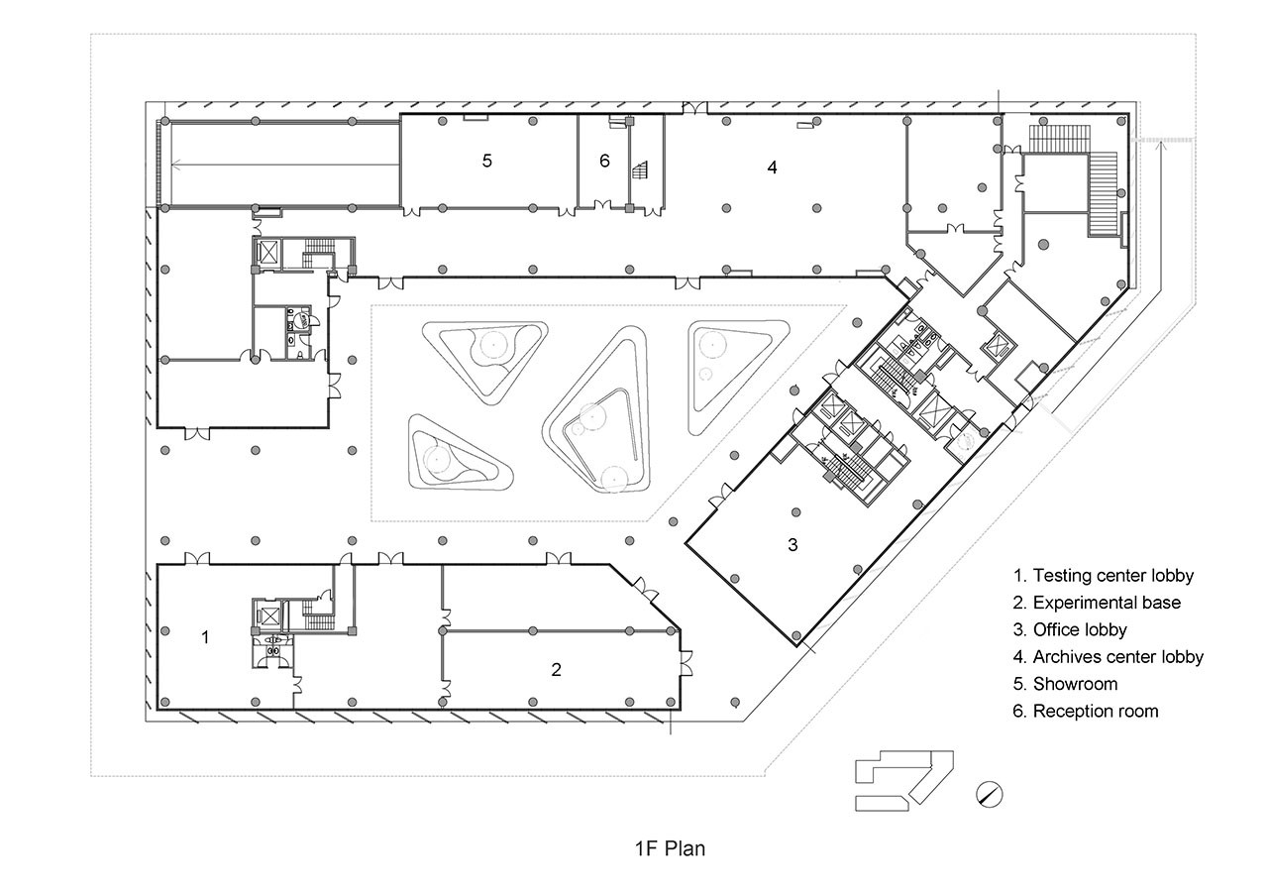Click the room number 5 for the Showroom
(486, 161)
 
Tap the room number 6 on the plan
(604, 161)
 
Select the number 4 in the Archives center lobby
(772, 168)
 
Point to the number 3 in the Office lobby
(792, 544)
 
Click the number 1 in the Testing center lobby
(205, 637)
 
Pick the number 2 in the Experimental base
(556, 670)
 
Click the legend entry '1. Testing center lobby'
(1104, 576)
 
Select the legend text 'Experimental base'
(1107, 603)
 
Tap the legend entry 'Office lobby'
(1080, 629)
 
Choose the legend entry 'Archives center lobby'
(1118, 656)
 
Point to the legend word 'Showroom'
(1075, 684)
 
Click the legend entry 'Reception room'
(1096, 711)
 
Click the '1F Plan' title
(670, 848)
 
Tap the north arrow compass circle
(990, 794)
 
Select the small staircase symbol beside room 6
(640, 169)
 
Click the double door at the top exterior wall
(694, 108)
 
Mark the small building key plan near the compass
(904, 781)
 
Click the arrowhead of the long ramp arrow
(175, 166)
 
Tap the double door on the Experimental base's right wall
(687, 663)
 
